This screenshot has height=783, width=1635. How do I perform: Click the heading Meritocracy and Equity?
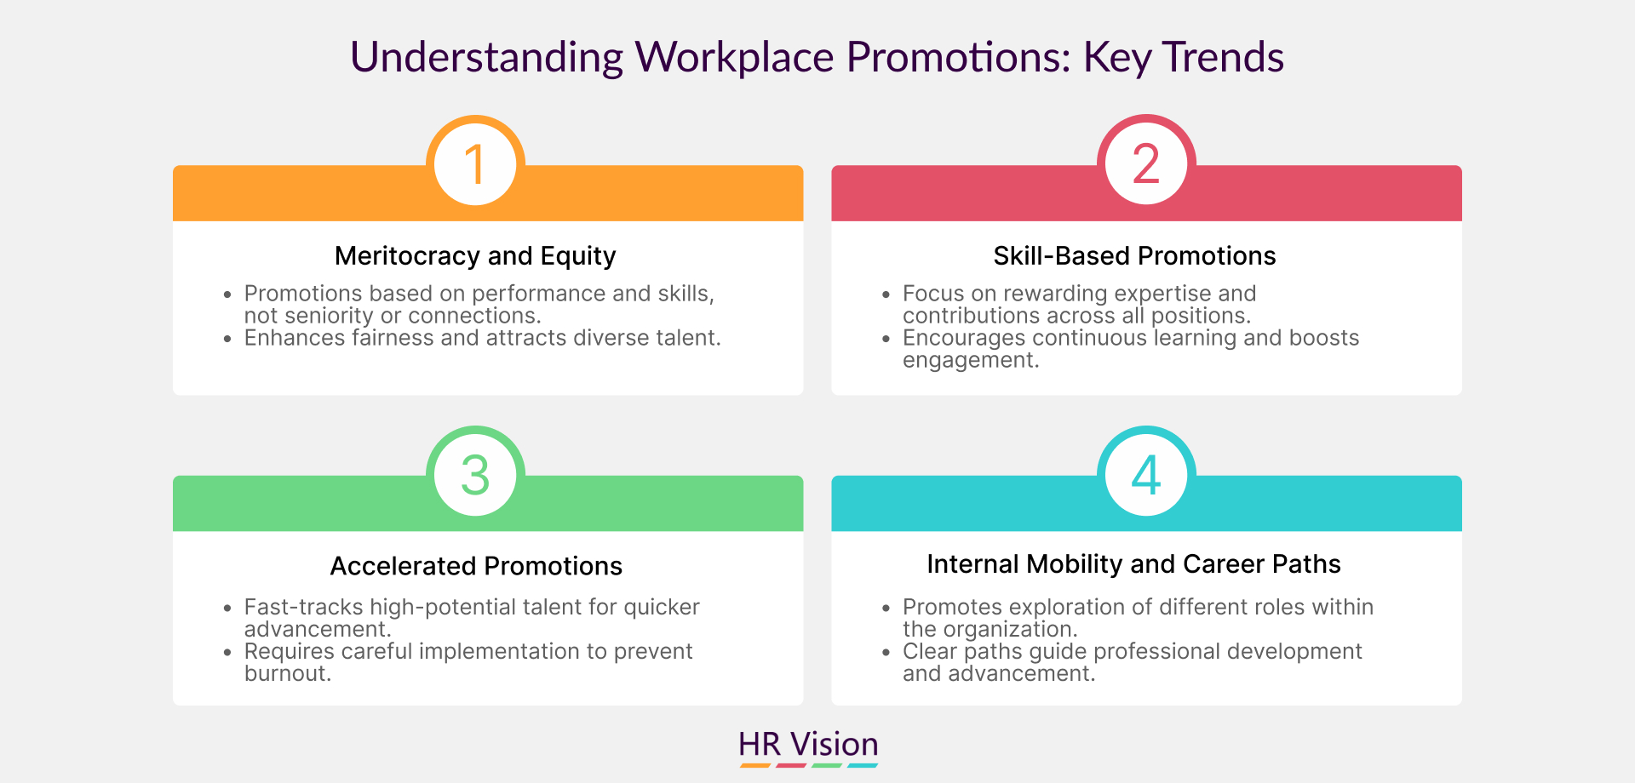(475, 256)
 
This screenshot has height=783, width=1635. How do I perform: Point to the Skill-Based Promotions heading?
(1134, 256)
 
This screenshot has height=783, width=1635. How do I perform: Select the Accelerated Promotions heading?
(476, 566)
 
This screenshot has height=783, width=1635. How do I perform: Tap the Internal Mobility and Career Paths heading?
(1133, 564)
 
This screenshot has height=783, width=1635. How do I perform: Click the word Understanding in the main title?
(487, 58)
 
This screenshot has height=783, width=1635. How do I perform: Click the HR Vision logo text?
(808, 744)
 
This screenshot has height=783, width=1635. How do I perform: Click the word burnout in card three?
(287, 673)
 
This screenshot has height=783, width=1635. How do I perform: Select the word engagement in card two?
(971, 361)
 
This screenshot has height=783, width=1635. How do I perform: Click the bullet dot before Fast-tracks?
(227, 609)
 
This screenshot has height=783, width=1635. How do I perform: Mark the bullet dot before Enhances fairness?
(227, 339)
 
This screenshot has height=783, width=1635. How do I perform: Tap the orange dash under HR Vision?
(755, 766)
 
